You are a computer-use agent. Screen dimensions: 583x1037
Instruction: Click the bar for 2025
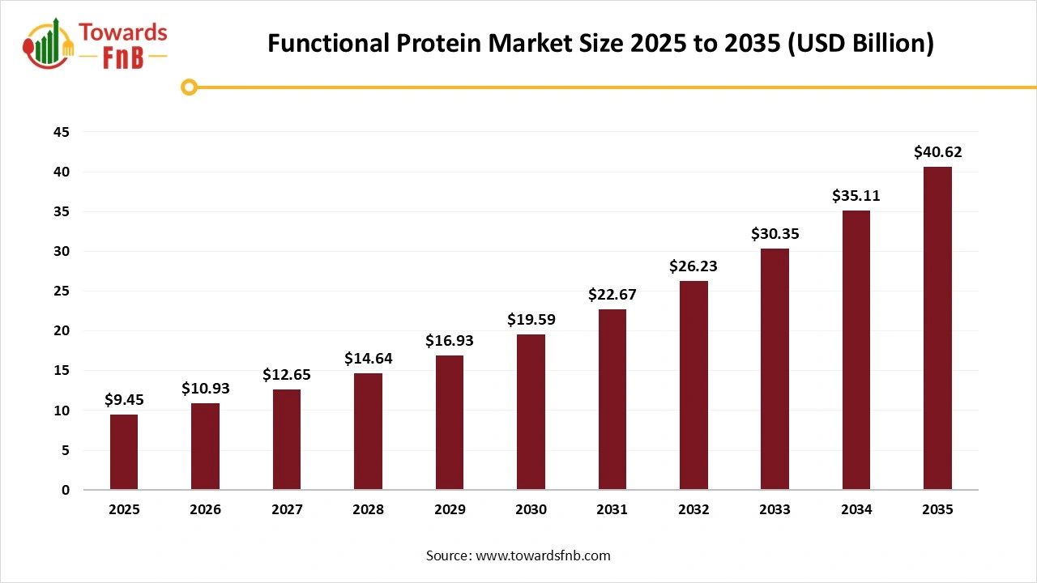(124, 452)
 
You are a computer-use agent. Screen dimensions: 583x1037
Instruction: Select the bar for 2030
(531, 411)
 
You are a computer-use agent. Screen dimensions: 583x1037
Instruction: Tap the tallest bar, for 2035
(937, 328)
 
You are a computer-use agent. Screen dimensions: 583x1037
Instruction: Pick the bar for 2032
(693, 385)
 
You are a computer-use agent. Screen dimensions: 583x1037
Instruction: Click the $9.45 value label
(124, 399)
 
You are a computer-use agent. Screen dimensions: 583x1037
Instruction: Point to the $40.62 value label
(937, 151)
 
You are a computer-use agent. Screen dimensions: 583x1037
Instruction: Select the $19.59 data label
(531, 319)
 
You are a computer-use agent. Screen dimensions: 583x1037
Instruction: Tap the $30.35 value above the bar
(775, 233)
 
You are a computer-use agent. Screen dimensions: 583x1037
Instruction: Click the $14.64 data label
(368, 358)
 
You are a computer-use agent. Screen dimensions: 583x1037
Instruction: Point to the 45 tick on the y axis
(62, 132)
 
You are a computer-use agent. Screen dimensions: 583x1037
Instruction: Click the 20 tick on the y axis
(62, 331)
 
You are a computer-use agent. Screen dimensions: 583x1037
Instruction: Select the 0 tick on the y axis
(66, 490)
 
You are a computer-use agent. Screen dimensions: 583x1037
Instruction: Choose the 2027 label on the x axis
(287, 510)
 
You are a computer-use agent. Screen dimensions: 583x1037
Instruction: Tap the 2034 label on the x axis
(856, 510)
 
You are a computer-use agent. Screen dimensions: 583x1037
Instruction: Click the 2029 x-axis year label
(450, 510)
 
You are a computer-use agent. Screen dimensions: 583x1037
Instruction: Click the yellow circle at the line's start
(189, 87)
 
